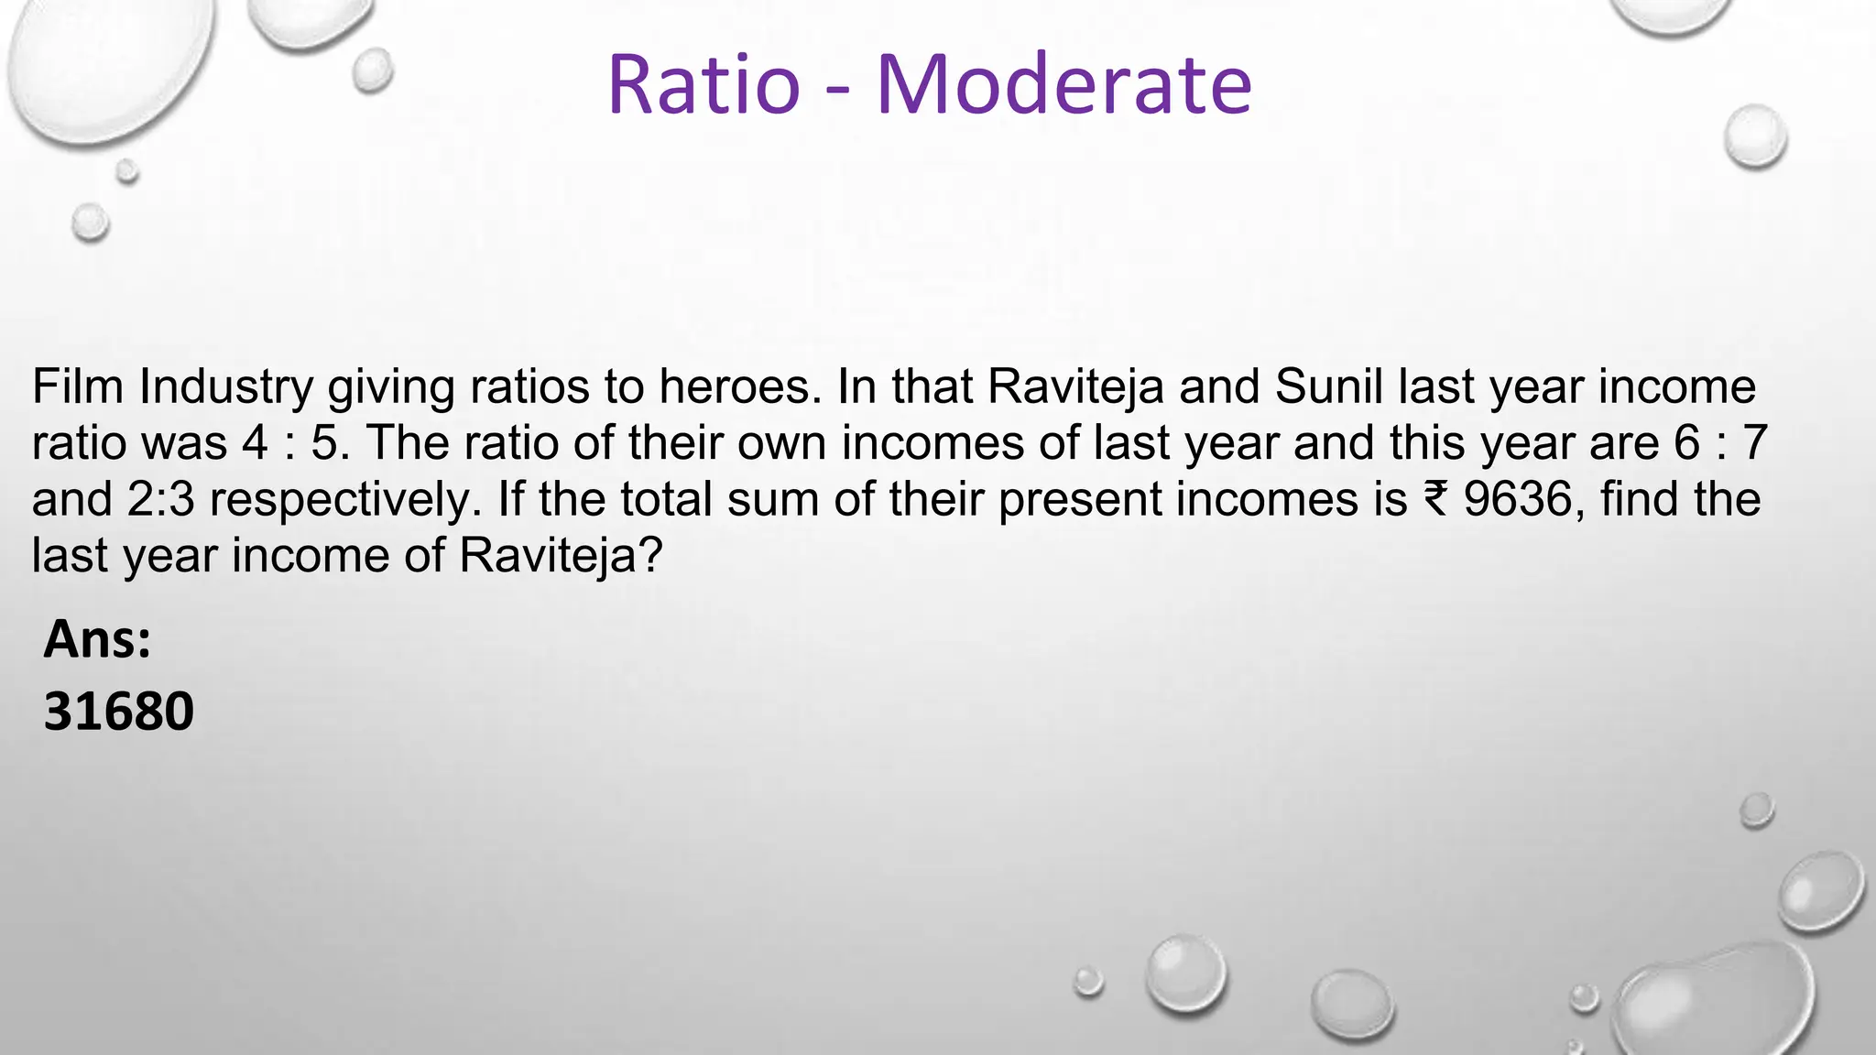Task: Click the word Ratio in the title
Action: point(703,85)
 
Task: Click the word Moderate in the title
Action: point(1063,85)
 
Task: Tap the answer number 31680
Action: point(119,712)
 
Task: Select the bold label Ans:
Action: point(97,639)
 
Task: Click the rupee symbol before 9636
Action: point(1435,499)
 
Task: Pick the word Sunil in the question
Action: point(1327,386)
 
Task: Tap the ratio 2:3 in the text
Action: point(161,499)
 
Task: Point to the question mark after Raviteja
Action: point(649,555)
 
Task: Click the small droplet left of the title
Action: point(372,71)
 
